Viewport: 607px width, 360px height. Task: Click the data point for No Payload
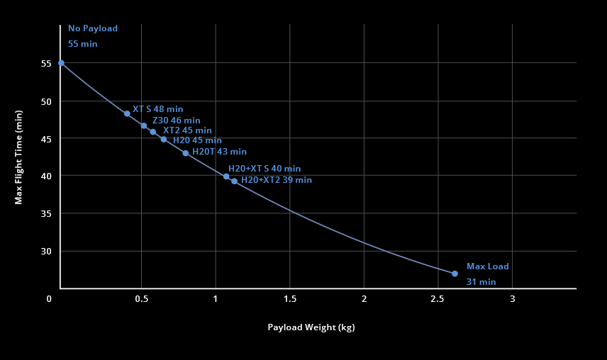coord(61,63)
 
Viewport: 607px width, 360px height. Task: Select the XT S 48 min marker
coord(127,113)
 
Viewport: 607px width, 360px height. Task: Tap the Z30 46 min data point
coord(144,125)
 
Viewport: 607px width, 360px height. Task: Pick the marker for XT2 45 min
coord(153,132)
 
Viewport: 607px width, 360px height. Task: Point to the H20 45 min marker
coord(164,140)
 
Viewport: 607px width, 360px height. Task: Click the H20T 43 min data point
coord(186,153)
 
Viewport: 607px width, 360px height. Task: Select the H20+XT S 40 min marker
coord(226,176)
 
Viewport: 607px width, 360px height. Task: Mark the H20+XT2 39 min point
coord(235,181)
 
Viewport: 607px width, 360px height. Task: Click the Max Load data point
coord(455,274)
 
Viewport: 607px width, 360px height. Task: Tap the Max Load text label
coord(487,266)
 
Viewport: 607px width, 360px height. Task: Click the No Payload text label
coord(93,28)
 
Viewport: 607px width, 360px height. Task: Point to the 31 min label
coord(481,282)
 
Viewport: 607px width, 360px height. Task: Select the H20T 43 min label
coord(219,152)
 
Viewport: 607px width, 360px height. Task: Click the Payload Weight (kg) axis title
coord(311,327)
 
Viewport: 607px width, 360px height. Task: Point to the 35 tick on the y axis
coord(46,214)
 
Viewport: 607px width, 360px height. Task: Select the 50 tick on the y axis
coord(46,101)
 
